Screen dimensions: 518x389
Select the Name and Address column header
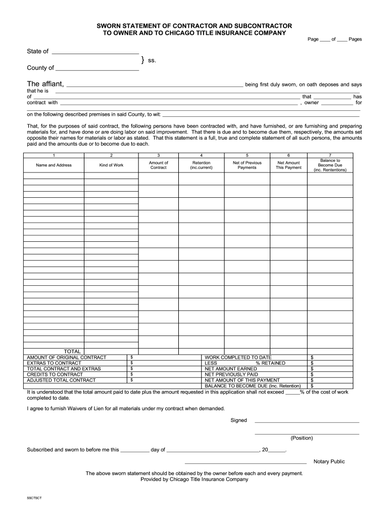[x=54, y=165]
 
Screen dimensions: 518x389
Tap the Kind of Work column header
[x=111, y=165]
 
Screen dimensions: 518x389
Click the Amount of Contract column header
[x=158, y=165]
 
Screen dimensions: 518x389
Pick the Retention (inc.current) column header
[x=202, y=165]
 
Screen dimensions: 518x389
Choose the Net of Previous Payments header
[x=247, y=165]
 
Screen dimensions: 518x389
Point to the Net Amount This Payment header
[x=288, y=165]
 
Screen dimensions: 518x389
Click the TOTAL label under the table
[x=72, y=351]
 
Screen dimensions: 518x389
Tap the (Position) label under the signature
[x=302, y=438]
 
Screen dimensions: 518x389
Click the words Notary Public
[x=329, y=461]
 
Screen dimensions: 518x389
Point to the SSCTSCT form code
[x=34, y=498]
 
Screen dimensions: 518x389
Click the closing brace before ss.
[x=143, y=60]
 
